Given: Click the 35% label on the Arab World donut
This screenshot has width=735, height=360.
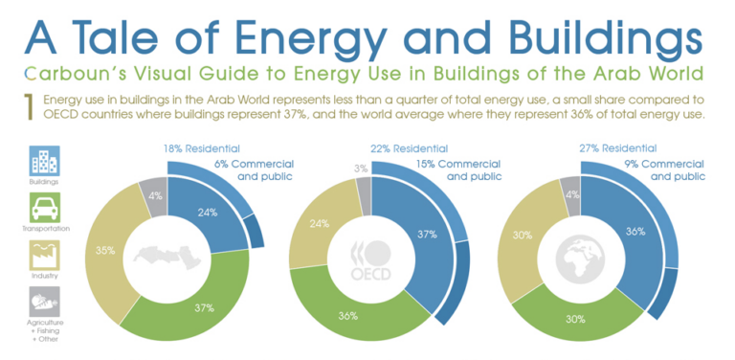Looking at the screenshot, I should [105, 251].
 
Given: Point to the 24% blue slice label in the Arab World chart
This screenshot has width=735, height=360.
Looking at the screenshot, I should [206, 213].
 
